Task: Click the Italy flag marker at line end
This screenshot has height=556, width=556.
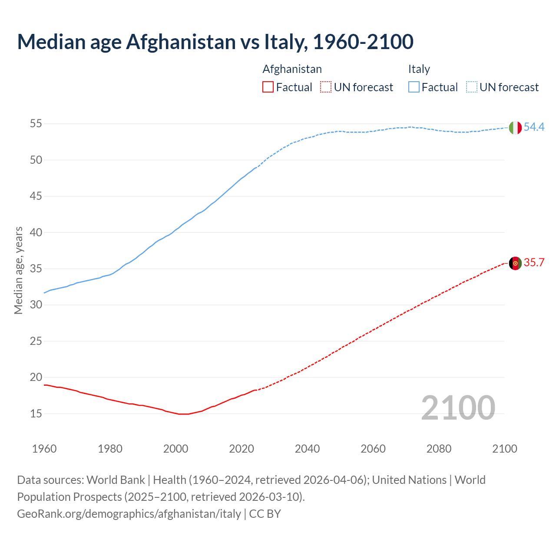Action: tap(515, 128)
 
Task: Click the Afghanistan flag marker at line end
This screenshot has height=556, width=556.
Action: tap(515, 263)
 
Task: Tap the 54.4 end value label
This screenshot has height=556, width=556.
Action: tap(534, 127)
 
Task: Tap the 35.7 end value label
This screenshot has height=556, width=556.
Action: tap(534, 263)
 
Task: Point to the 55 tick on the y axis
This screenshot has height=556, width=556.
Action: tap(36, 124)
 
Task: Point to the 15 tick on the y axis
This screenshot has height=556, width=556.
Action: tap(36, 414)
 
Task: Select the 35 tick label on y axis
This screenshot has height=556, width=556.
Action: tap(36, 268)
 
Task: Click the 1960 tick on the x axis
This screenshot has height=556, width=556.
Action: tap(44, 449)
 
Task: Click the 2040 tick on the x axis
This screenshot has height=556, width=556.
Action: tap(307, 449)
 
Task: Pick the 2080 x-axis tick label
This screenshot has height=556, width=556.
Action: tap(439, 449)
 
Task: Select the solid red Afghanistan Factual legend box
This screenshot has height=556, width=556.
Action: tap(268, 87)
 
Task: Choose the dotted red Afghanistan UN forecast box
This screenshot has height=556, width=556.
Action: tap(326, 87)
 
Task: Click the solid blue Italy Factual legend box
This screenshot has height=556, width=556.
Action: tap(414, 87)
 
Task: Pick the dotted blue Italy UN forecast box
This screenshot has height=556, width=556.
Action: tap(472, 87)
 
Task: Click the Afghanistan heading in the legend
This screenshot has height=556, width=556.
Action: tap(292, 69)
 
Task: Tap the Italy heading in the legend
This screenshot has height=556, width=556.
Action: tap(419, 69)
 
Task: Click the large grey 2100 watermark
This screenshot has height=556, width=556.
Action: tap(458, 407)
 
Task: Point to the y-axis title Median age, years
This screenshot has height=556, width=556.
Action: tap(18, 270)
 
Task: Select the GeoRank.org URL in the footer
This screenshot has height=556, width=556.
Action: tap(129, 514)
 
